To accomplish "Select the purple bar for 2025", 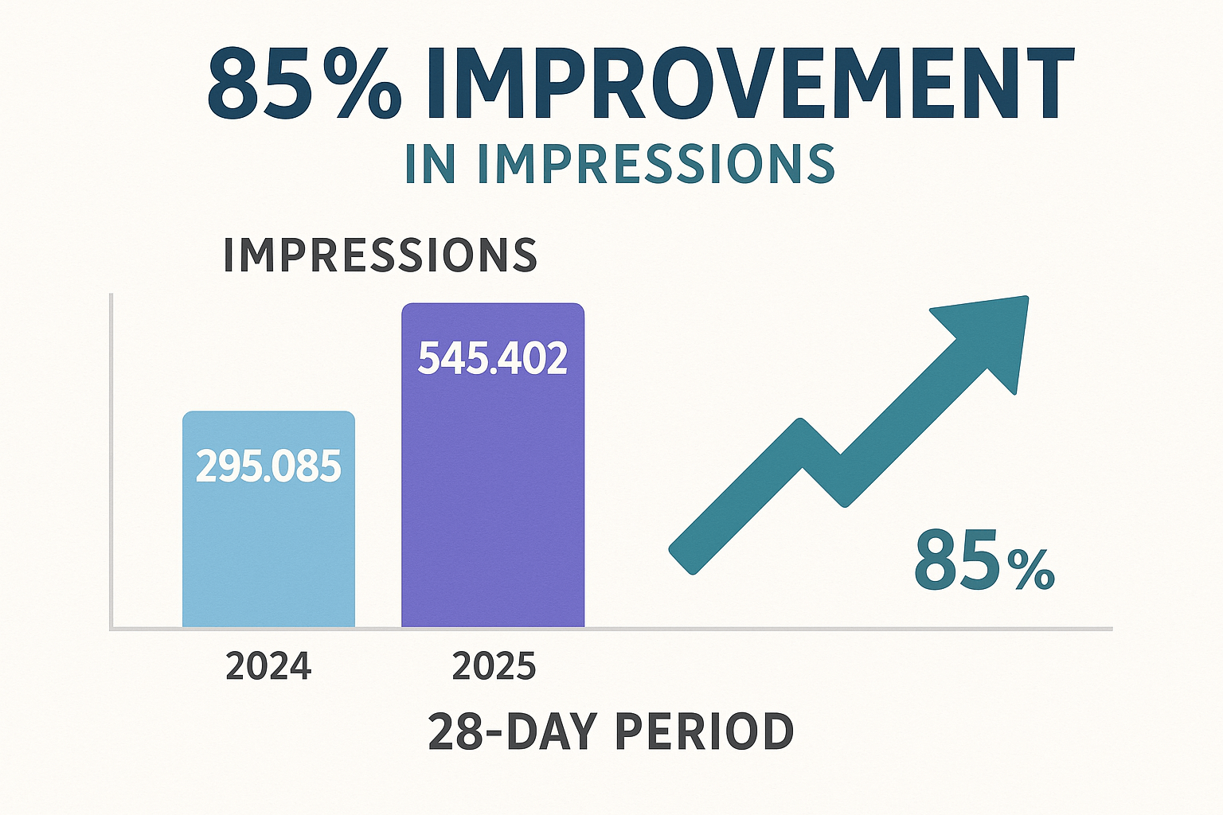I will [x=493, y=493].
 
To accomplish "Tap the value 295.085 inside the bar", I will [x=268, y=467].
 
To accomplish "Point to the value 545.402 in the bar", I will [x=493, y=358].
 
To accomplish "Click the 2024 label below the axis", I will [x=268, y=666].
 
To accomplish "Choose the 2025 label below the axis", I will [x=494, y=666].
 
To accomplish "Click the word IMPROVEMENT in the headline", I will [x=748, y=84].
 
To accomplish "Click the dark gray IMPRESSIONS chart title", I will [x=380, y=255].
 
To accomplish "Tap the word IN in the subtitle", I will [x=431, y=163].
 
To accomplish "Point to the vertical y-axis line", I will [x=111, y=462].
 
